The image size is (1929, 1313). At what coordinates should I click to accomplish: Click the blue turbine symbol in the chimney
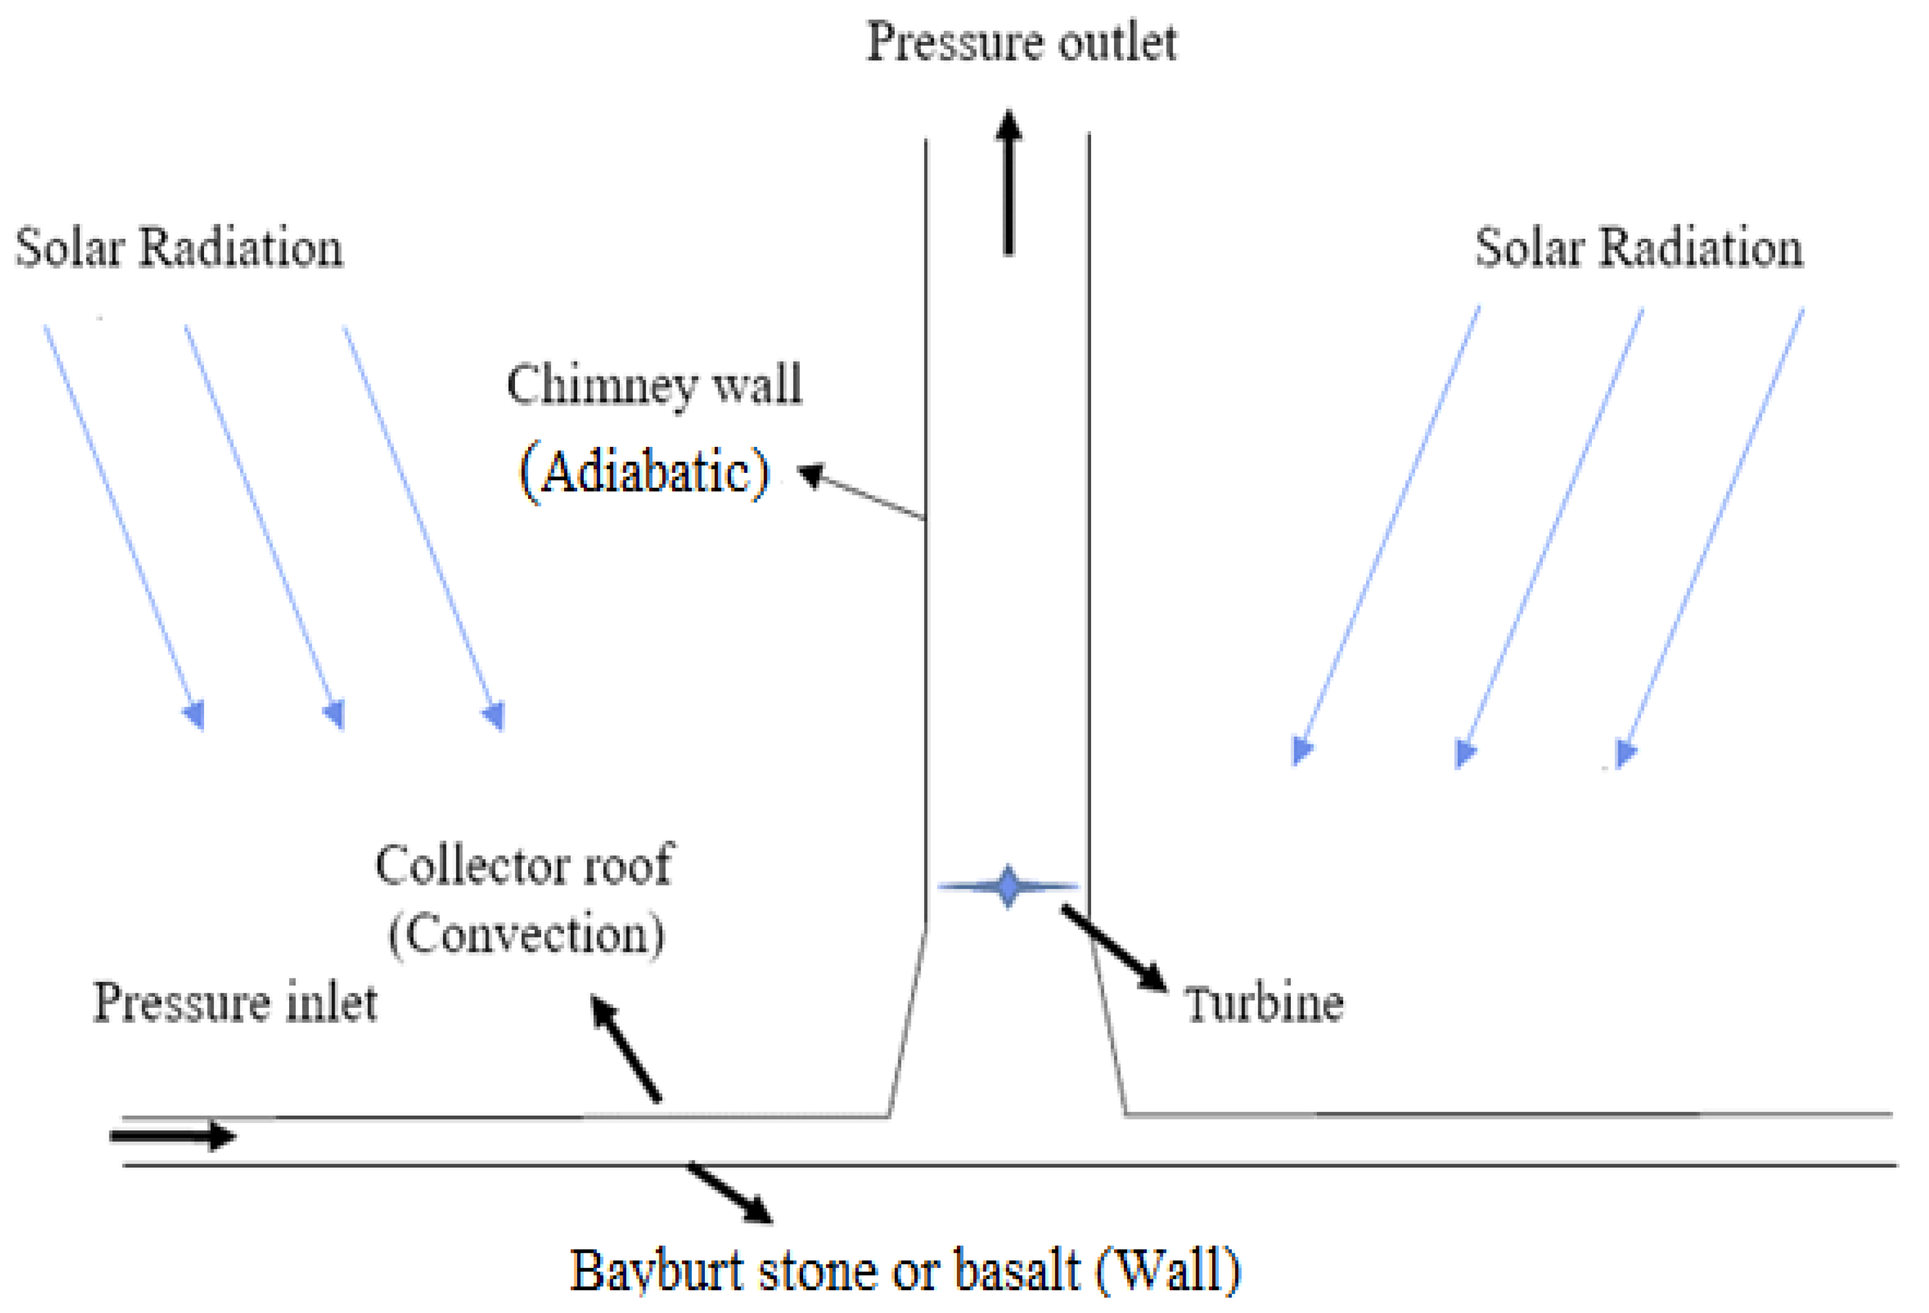pyautogui.click(x=1008, y=886)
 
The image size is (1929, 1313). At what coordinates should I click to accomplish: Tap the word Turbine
pyautogui.click(x=1263, y=1004)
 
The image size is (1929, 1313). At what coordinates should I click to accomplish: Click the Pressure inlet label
pyautogui.click(x=235, y=1002)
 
